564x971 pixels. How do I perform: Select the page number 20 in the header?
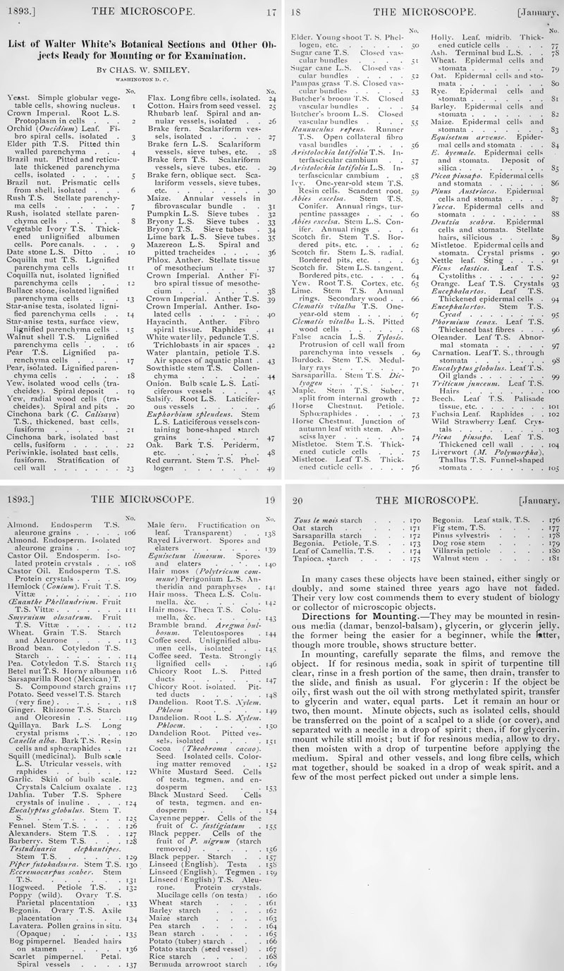(297, 499)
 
